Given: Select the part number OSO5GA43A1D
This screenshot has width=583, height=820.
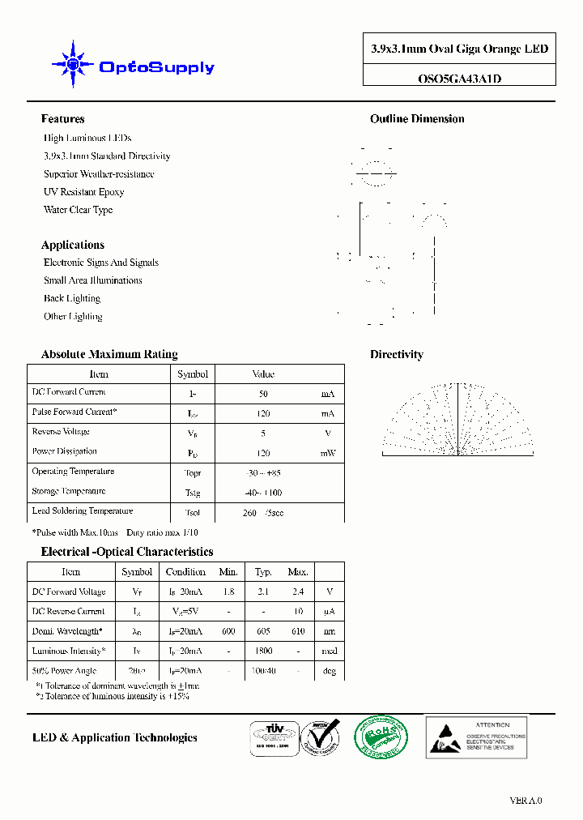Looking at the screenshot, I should click(x=459, y=79).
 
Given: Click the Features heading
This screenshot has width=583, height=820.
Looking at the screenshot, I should click(x=62, y=119).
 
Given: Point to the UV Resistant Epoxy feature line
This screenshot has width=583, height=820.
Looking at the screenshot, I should click(x=83, y=192).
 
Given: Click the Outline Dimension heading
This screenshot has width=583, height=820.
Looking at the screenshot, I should click(x=417, y=119).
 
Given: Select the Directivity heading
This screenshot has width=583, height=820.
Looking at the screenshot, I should click(x=397, y=354).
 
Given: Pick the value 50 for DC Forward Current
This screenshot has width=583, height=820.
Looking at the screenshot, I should click(x=263, y=394).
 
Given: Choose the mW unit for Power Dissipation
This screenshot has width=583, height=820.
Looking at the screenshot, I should click(x=327, y=453).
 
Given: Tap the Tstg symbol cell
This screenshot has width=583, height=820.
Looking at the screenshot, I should click(x=193, y=493).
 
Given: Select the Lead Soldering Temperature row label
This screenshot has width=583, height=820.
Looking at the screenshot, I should click(x=82, y=511).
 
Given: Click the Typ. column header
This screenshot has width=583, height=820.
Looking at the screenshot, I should click(x=263, y=572).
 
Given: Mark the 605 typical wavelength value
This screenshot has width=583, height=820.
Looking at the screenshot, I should click(x=263, y=631).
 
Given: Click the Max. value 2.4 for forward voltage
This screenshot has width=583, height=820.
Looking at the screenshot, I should click(x=298, y=592).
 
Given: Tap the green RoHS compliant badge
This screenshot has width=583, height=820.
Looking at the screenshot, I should click(x=381, y=737).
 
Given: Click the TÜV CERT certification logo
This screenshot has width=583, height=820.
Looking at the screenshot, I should click(x=271, y=737).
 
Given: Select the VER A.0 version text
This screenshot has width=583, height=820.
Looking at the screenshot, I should click(x=526, y=800).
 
